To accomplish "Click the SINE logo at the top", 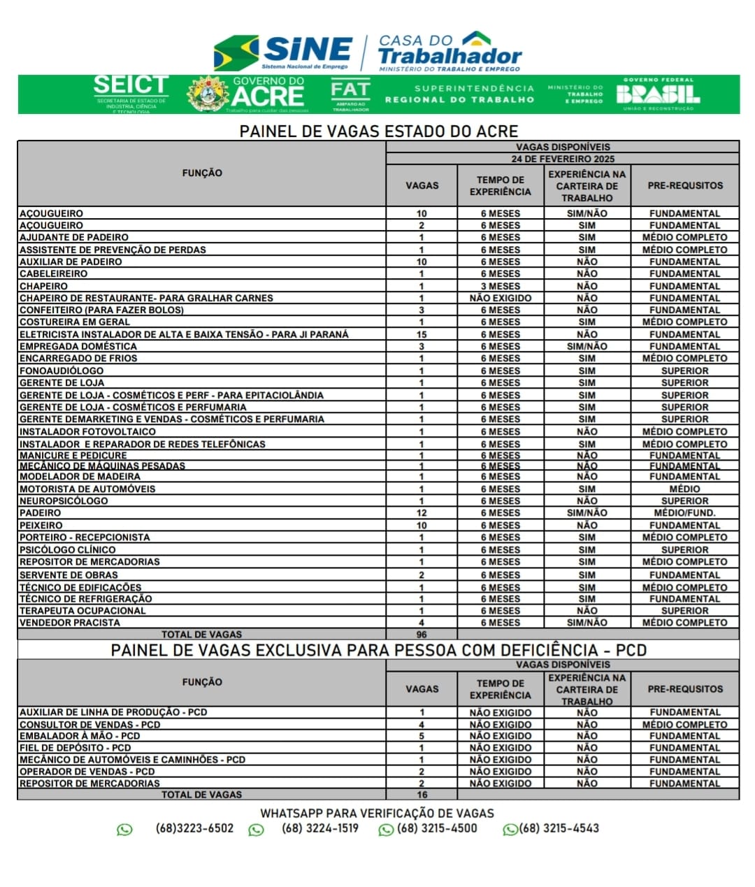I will click(283, 52).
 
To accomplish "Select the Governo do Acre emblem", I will click(208, 94).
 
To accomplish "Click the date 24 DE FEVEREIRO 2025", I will click(563, 159).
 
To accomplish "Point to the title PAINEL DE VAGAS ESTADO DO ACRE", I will click(378, 131).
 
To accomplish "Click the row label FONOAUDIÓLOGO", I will click(62, 370).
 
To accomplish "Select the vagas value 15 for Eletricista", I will click(422, 334).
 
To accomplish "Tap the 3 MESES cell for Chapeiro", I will click(500, 286).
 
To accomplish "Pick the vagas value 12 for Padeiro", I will click(422, 513).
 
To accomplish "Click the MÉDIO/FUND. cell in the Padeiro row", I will click(684, 513).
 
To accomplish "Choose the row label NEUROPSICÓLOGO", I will click(64, 501).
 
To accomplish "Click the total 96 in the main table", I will click(422, 635).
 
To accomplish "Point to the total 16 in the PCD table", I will click(422, 795).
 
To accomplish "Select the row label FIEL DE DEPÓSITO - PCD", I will click(75, 748).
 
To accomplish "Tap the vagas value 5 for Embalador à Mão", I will click(422, 736).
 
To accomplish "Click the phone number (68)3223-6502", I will click(194, 828).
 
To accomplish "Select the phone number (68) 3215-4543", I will click(559, 828).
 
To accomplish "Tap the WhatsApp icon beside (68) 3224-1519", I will click(257, 830).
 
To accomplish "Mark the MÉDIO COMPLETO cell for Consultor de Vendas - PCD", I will click(684, 725).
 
